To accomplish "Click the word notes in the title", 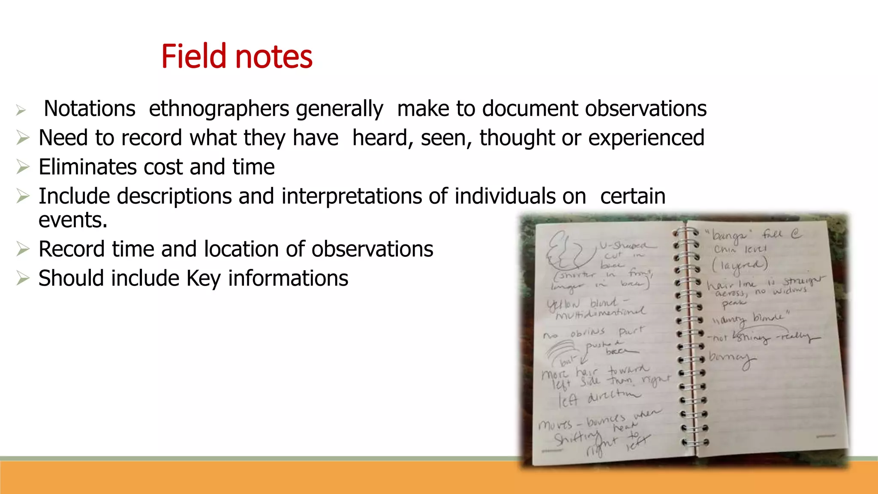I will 274,57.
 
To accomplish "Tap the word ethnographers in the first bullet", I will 218,109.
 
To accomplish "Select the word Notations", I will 89,108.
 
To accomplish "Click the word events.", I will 73,220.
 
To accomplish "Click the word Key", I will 203,278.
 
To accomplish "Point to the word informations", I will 288,278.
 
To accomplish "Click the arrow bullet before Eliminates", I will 22,167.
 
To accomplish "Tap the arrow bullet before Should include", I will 22,278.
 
